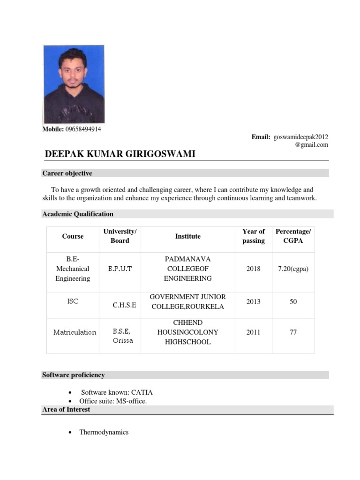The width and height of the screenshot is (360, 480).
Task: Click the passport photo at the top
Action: click(x=74, y=84)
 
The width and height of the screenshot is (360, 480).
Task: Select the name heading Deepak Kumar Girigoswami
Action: click(x=120, y=154)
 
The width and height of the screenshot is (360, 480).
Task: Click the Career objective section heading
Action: click(x=67, y=173)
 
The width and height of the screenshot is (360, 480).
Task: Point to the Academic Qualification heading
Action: click(x=78, y=214)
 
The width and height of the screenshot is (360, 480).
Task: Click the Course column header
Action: click(x=73, y=236)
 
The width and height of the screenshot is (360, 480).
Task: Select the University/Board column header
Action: click(x=120, y=236)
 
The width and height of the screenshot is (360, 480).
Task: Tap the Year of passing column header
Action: click(x=254, y=236)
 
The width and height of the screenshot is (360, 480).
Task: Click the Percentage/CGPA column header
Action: click(x=293, y=236)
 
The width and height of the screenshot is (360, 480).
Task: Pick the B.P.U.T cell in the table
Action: click(x=120, y=269)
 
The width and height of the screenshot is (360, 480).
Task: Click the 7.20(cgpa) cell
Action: click(x=293, y=269)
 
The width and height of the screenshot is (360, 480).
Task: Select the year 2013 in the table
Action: click(x=254, y=302)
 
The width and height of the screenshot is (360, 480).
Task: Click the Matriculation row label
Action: click(x=75, y=332)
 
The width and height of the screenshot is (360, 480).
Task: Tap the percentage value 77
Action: click(x=293, y=332)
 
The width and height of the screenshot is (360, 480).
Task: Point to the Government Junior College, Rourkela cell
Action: click(x=187, y=302)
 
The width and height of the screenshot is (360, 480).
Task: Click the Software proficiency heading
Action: click(x=73, y=375)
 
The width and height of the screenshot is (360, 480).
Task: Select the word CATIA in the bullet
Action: click(x=142, y=392)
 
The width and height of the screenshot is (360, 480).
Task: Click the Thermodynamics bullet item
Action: click(x=104, y=432)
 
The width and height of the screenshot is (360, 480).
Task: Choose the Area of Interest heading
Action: click(x=66, y=409)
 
